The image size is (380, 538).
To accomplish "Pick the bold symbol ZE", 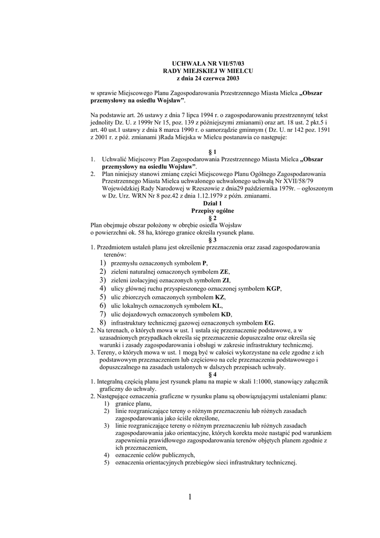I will tap(224, 272).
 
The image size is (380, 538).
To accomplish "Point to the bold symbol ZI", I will tap(226, 280).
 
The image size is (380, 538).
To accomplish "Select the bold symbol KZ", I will tap(220, 297).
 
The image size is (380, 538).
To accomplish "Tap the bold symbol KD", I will tap(226, 314).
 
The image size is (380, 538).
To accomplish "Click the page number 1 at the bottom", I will tap(190, 496).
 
